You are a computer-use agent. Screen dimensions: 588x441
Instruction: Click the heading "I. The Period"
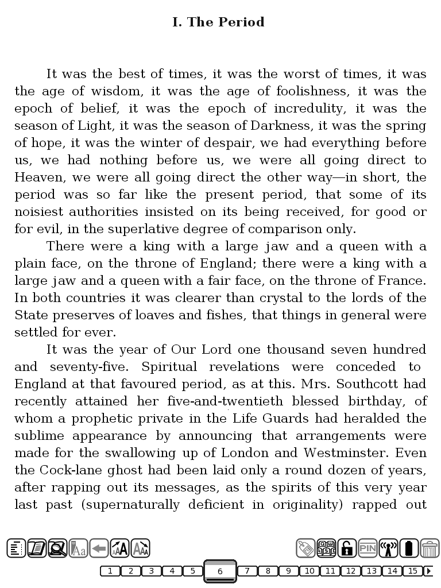pyautogui.click(x=218, y=22)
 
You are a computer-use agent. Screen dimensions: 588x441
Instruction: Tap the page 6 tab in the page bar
pyautogui.click(x=220, y=571)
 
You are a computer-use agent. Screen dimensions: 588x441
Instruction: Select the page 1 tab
pyautogui.click(x=110, y=571)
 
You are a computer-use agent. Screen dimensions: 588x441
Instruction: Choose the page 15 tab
pyautogui.click(x=412, y=571)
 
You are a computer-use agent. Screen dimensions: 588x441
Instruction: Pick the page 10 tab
pyautogui.click(x=309, y=571)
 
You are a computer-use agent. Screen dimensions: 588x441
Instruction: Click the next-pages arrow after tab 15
pyautogui.click(x=428, y=571)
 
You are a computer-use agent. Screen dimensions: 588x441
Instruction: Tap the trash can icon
pyautogui.click(x=430, y=548)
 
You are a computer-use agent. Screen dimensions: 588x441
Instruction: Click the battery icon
pyautogui.click(x=409, y=548)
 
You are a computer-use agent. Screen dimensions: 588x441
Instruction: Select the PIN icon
pyautogui.click(x=367, y=548)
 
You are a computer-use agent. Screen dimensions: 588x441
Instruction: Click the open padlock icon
pyautogui.click(x=347, y=548)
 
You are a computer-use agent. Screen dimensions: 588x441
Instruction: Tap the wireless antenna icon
pyautogui.click(x=388, y=548)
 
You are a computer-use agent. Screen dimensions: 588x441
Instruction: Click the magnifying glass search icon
pyautogui.click(x=57, y=548)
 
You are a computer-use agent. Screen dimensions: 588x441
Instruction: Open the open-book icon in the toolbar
pyautogui.click(x=37, y=548)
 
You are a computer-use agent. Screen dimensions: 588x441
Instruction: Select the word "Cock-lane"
pyautogui.click(x=63, y=470)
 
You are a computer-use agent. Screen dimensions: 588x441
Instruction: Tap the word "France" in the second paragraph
pyautogui.click(x=401, y=281)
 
